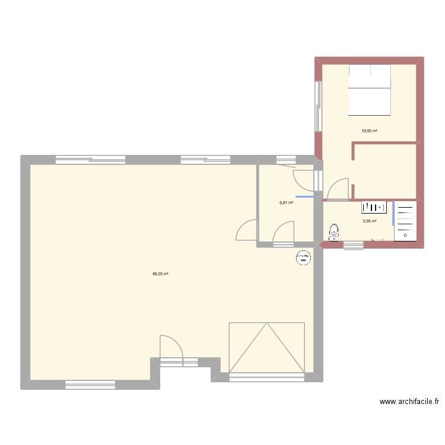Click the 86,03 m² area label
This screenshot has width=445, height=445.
[x=160, y=274]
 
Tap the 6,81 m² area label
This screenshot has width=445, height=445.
[x=287, y=202]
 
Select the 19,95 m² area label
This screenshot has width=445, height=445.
[x=370, y=131]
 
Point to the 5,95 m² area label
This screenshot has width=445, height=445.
[x=370, y=221]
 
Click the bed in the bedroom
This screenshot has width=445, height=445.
[x=370, y=90]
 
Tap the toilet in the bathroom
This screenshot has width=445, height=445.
[x=334, y=231]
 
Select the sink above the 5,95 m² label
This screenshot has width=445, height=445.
[x=374, y=207]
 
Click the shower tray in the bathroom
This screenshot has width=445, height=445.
[x=405, y=220]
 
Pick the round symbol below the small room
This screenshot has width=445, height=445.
[x=304, y=258]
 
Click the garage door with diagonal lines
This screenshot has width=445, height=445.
[x=266, y=348]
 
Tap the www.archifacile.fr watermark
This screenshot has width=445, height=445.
[x=409, y=402]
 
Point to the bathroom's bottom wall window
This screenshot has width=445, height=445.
[x=353, y=245]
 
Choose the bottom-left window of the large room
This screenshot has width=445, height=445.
[x=90, y=385]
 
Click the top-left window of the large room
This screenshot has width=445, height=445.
[x=90, y=159]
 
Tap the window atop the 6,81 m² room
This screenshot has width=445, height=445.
[x=286, y=159]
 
